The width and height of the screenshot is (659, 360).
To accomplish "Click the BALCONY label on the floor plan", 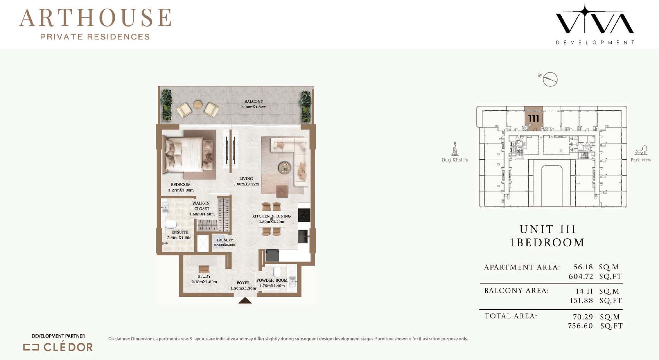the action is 254,101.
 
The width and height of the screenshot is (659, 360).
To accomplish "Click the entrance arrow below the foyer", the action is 245,300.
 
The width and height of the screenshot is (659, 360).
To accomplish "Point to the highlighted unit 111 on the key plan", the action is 534,119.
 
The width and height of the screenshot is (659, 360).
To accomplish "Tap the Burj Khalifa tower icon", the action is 455,148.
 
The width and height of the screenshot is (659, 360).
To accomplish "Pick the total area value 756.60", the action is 580,326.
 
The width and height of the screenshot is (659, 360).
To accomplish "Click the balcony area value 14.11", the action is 584,291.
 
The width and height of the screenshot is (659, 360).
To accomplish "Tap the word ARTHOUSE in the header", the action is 95,18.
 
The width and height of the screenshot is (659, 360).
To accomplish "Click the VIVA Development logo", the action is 595,24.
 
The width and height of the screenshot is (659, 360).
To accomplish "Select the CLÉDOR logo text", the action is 68,347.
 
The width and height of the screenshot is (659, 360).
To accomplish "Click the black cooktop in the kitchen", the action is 304,215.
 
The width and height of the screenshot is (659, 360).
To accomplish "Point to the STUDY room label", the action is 204,276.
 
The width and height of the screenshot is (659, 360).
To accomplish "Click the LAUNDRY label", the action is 225,240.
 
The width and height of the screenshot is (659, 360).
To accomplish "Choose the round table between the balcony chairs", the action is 198,105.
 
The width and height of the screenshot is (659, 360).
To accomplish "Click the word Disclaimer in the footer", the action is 119,339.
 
